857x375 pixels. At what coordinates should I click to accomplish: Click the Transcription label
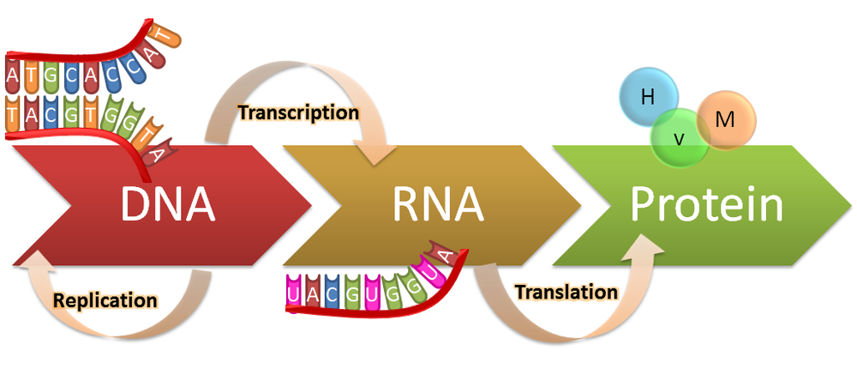coord(297,112)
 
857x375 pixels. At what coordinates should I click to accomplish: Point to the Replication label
coord(105,300)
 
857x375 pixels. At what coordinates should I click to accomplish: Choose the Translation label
coord(566,292)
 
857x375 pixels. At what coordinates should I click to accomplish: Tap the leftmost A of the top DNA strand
coord(11,77)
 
